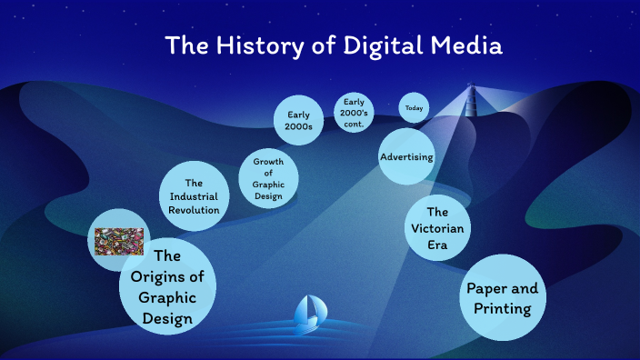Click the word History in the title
(x=264, y=45)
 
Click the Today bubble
(x=414, y=108)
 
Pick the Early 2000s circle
(x=299, y=121)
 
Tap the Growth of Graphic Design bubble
(x=268, y=178)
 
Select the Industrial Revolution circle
(x=194, y=196)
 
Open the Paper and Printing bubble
(x=502, y=298)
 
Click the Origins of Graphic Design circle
(x=168, y=286)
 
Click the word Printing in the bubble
(x=502, y=308)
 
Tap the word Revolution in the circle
(x=194, y=210)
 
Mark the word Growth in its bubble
(x=268, y=162)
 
